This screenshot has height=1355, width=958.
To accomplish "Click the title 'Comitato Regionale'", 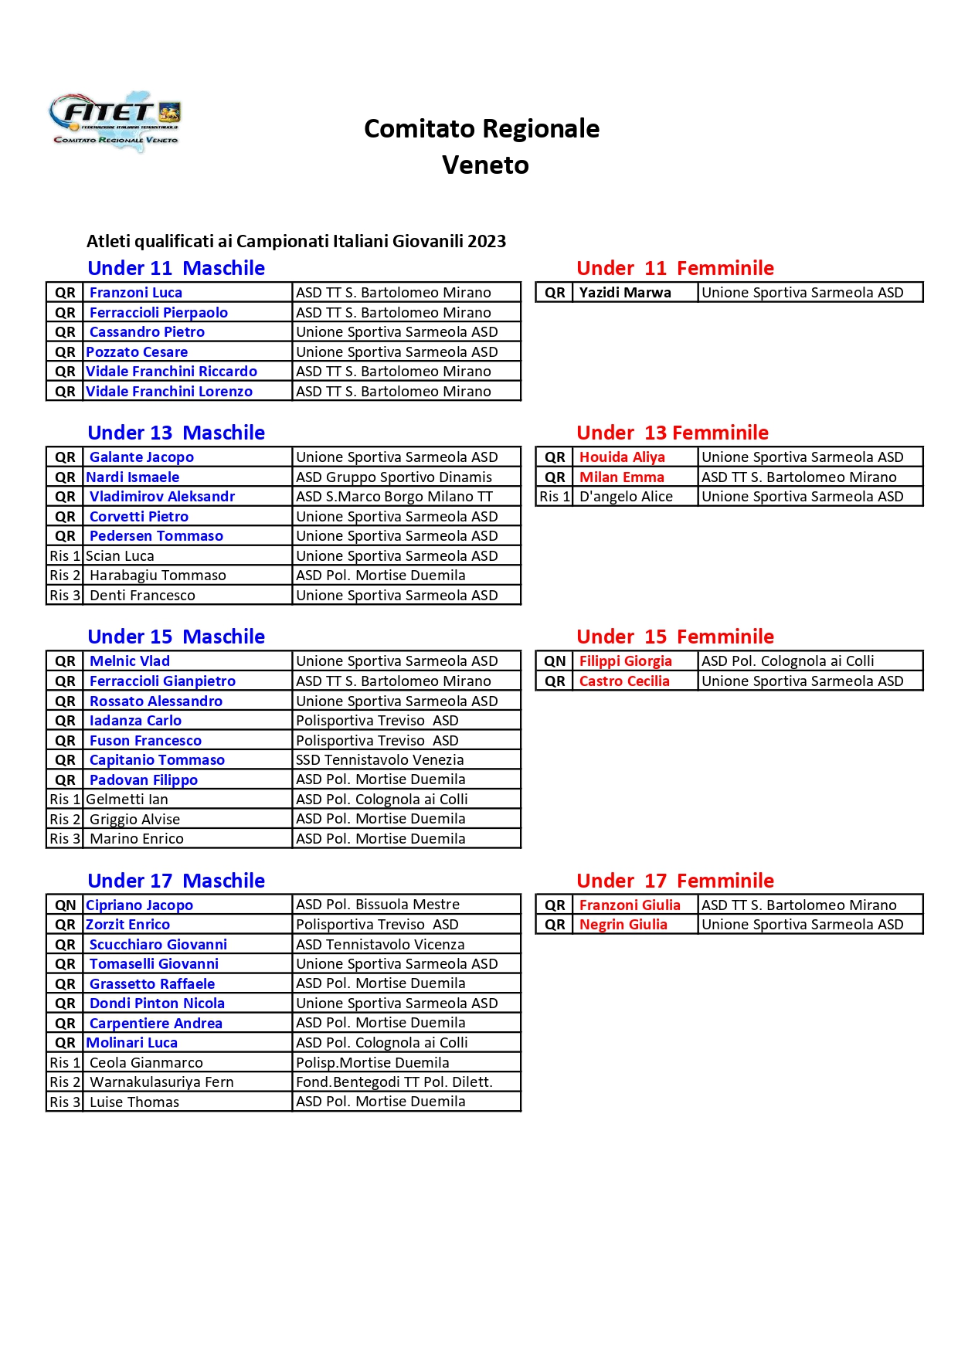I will [x=481, y=128].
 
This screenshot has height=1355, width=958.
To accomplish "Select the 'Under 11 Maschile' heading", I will [x=176, y=268].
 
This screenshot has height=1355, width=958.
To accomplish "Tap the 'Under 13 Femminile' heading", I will [x=672, y=433].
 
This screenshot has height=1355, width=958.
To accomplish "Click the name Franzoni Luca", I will [x=136, y=293].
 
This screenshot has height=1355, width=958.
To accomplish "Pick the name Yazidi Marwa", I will [x=625, y=293].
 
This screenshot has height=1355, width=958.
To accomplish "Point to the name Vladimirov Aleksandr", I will [x=162, y=497].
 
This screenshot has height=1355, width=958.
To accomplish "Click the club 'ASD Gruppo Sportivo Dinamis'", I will [x=394, y=477].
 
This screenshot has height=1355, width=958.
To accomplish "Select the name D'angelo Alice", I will [x=626, y=497].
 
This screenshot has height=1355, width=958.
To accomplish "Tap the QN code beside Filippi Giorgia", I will [x=555, y=661].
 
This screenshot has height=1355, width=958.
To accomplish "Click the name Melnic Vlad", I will [x=130, y=661].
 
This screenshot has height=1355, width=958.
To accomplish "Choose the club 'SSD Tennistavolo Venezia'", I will [x=380, y=760].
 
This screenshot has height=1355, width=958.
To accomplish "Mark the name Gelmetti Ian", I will [x=127, y=800].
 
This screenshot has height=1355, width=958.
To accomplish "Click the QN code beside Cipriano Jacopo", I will [x=66, y=905].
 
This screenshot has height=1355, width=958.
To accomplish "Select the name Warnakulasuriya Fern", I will [x=161, y=1082].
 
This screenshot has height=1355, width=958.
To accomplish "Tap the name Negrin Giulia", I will [x=623, y=925].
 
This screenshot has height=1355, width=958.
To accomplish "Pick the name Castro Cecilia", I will [x=624, y=681].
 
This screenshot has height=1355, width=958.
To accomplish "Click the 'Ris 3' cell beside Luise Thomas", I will [x=65, y=1102].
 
